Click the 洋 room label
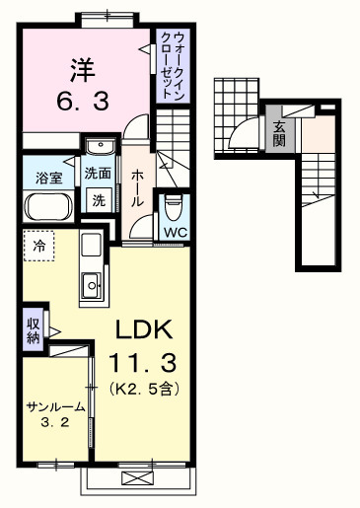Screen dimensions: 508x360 coord(83,69)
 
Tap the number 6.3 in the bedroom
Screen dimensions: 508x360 coord(83,101)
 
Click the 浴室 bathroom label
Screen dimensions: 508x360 coord(49,178)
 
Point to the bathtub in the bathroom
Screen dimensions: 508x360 coord(46,208)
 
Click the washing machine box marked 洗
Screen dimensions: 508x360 coord(99,197)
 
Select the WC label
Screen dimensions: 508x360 coord(176,232)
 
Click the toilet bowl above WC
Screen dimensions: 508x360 coord(175,206)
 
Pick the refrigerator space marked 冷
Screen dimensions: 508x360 coord(39,244)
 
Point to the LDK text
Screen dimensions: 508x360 coord(147,329)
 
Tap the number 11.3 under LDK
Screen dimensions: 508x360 coord(147,362)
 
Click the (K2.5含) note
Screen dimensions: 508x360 coord(144,388)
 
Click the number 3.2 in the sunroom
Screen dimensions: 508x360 coord(55,426)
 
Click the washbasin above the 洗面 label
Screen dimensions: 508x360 coord(99,147)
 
